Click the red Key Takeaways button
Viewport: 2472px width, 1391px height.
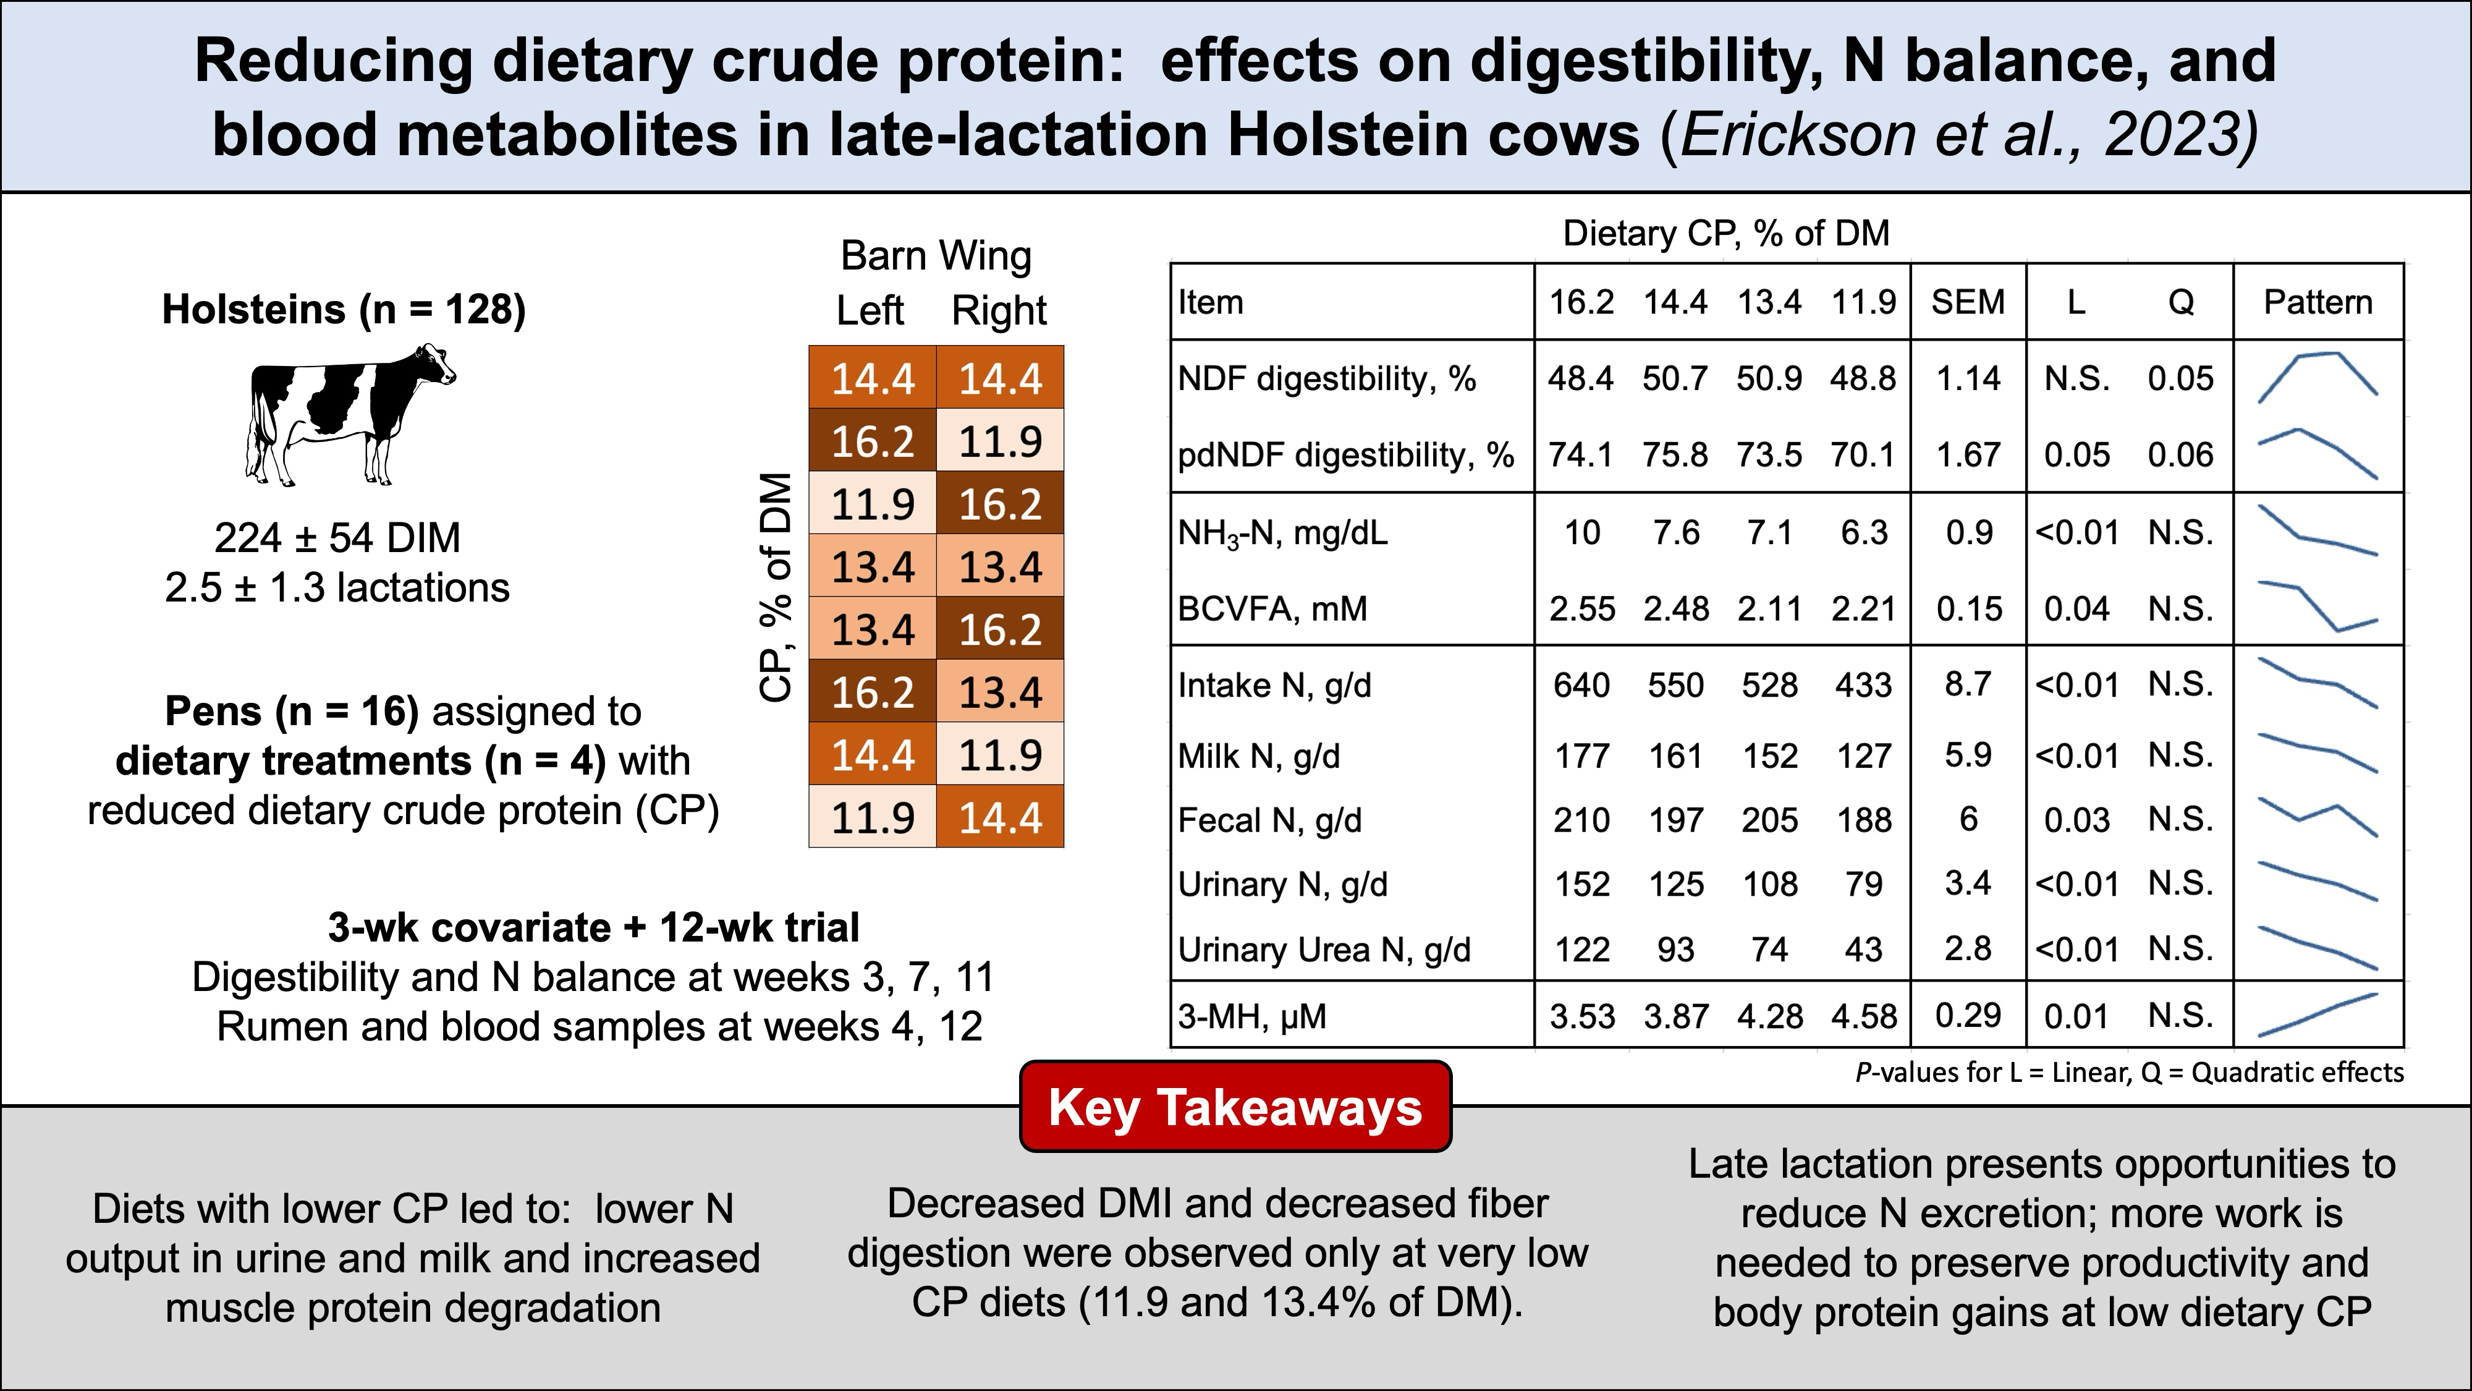tap(1235, 1107)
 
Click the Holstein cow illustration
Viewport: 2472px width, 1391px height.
tap(350, 413)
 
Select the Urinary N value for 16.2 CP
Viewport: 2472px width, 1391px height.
tap(1581, 884)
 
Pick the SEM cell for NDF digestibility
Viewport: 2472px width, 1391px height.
tap(1968, 378)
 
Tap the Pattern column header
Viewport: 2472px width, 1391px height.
tap(2317, 302)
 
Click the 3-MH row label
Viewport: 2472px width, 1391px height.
tap(1251, 1016)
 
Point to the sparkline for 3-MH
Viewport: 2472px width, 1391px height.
tap(2317, 1015)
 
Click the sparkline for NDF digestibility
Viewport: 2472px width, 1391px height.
tap(2317, 377)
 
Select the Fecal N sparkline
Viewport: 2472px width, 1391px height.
tap(2317, 818)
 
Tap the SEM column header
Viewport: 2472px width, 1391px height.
tap(1968, 302)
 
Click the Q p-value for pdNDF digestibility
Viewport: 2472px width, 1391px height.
tap(2180, 454)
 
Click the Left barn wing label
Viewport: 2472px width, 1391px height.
tap(870, 311)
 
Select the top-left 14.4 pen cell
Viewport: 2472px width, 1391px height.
tap(872, 378)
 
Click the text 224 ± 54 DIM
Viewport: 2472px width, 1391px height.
tap(337, 538)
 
